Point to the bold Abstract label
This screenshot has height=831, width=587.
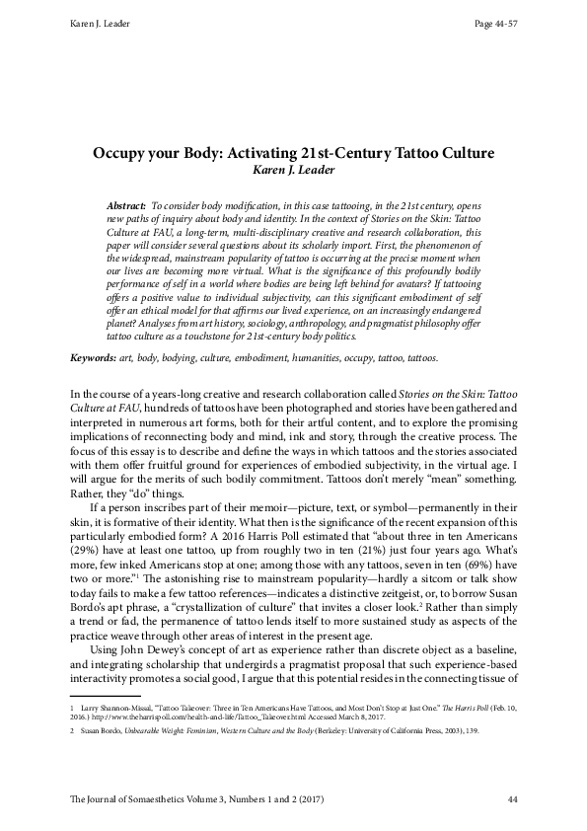pyautogui.click(x=127, y=202)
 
